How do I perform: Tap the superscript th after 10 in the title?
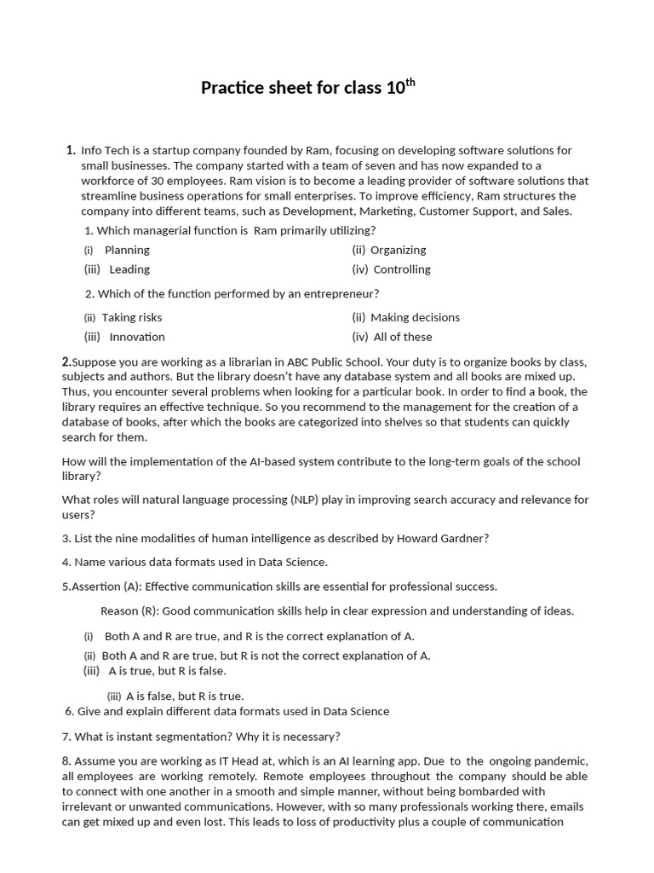410,82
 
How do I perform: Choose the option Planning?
127,250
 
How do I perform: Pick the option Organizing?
398,250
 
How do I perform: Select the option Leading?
129,269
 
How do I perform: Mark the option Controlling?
402,269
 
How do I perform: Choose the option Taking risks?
132,317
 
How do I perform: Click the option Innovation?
137,337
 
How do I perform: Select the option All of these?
403,337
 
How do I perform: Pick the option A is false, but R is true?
185,696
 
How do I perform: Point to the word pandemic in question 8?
558,760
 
